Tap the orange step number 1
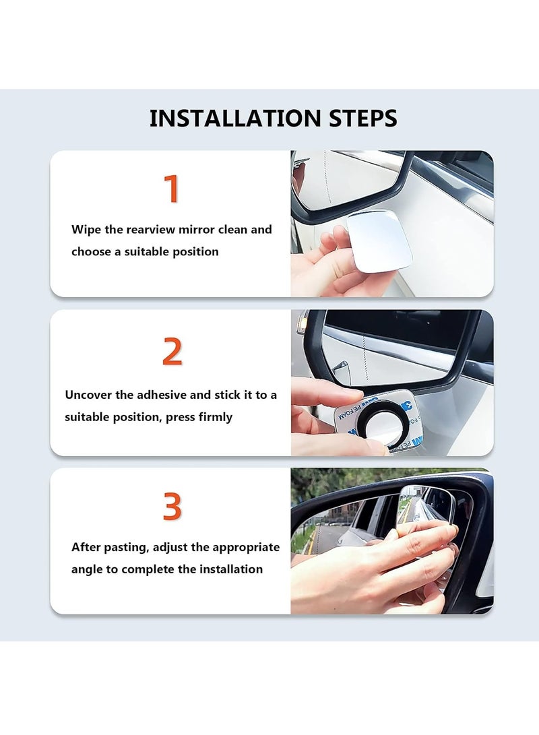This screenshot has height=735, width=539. pyautogui.click(x=172, y=189)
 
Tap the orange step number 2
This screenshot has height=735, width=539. pyautogui.click(x=172, y=352)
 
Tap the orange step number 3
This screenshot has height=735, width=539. pyautogui.click(x=172, y=507)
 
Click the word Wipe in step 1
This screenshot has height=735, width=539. pyautogui.click(x=86, y=229)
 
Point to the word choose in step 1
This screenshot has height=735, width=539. pyautogui.click(x=92, y=252)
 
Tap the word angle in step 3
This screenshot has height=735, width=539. pyautogui.click(x=87, y=569)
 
